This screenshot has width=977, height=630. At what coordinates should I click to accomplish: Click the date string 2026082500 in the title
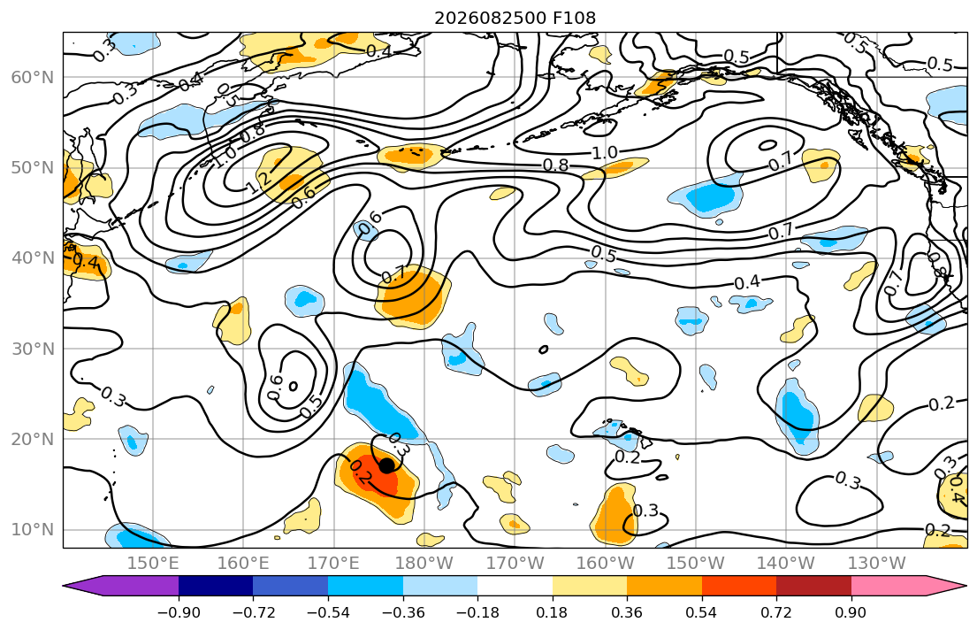coord(491,18)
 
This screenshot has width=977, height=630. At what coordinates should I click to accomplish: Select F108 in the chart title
coord(575,18)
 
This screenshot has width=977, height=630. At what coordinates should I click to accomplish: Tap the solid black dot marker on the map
coord(387,465)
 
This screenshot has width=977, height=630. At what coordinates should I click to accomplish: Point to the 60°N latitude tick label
coord(33,77)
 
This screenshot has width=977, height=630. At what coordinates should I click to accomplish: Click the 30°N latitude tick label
coord(33,349)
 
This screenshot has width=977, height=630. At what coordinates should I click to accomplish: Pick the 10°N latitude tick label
coord(33,530)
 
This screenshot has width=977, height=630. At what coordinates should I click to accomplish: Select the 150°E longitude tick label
coord(153,564)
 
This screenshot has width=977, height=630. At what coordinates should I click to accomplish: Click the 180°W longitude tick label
coord(424,564)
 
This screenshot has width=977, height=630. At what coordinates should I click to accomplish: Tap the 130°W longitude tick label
coord(877,564)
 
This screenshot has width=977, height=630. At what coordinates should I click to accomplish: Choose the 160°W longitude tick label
coord(606,564)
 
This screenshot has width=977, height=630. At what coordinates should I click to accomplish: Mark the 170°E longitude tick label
coord(334,564)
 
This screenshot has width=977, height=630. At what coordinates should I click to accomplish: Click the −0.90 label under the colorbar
coord(179,612)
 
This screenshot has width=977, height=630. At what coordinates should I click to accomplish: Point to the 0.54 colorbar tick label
coord(702,612)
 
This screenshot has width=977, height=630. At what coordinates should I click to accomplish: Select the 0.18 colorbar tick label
coord(552,612)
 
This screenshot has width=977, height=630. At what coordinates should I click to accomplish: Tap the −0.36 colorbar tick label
coord(402,612)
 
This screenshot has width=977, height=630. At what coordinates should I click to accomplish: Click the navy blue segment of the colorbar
coord(216,586)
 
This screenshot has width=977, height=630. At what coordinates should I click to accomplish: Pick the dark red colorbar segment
coord(813,586)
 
